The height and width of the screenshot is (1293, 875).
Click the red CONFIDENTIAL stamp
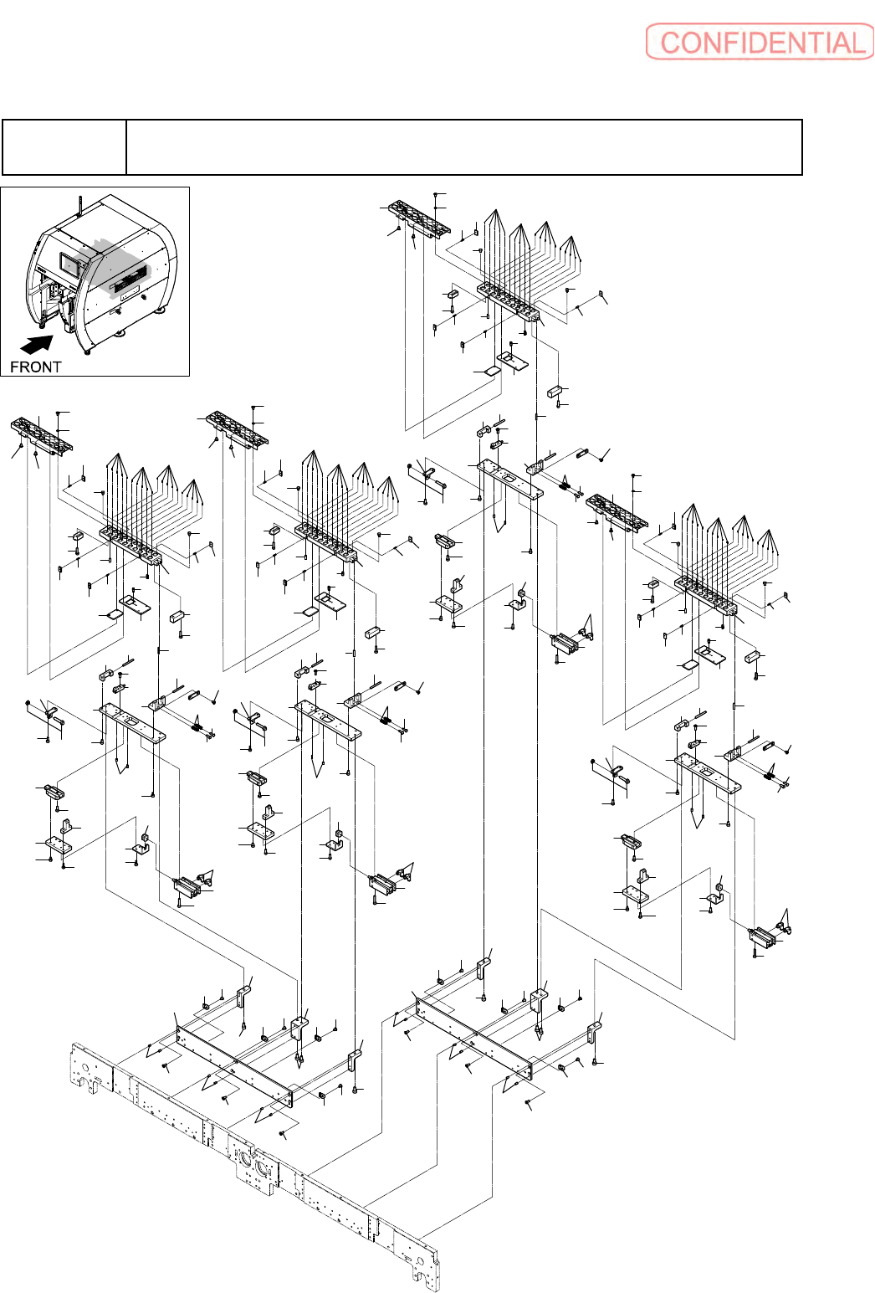[759, 42]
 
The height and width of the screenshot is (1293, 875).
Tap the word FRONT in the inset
[36, 367]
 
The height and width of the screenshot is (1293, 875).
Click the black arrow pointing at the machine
[36, 344]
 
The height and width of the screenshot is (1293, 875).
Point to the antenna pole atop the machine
[79, 206]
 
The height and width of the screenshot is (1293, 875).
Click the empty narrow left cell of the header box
[64, 147]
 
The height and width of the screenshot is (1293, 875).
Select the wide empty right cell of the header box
[464, 147]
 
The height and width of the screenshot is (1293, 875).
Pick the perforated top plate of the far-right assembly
[617, 511]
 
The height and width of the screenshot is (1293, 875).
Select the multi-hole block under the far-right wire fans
[705, 595]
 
